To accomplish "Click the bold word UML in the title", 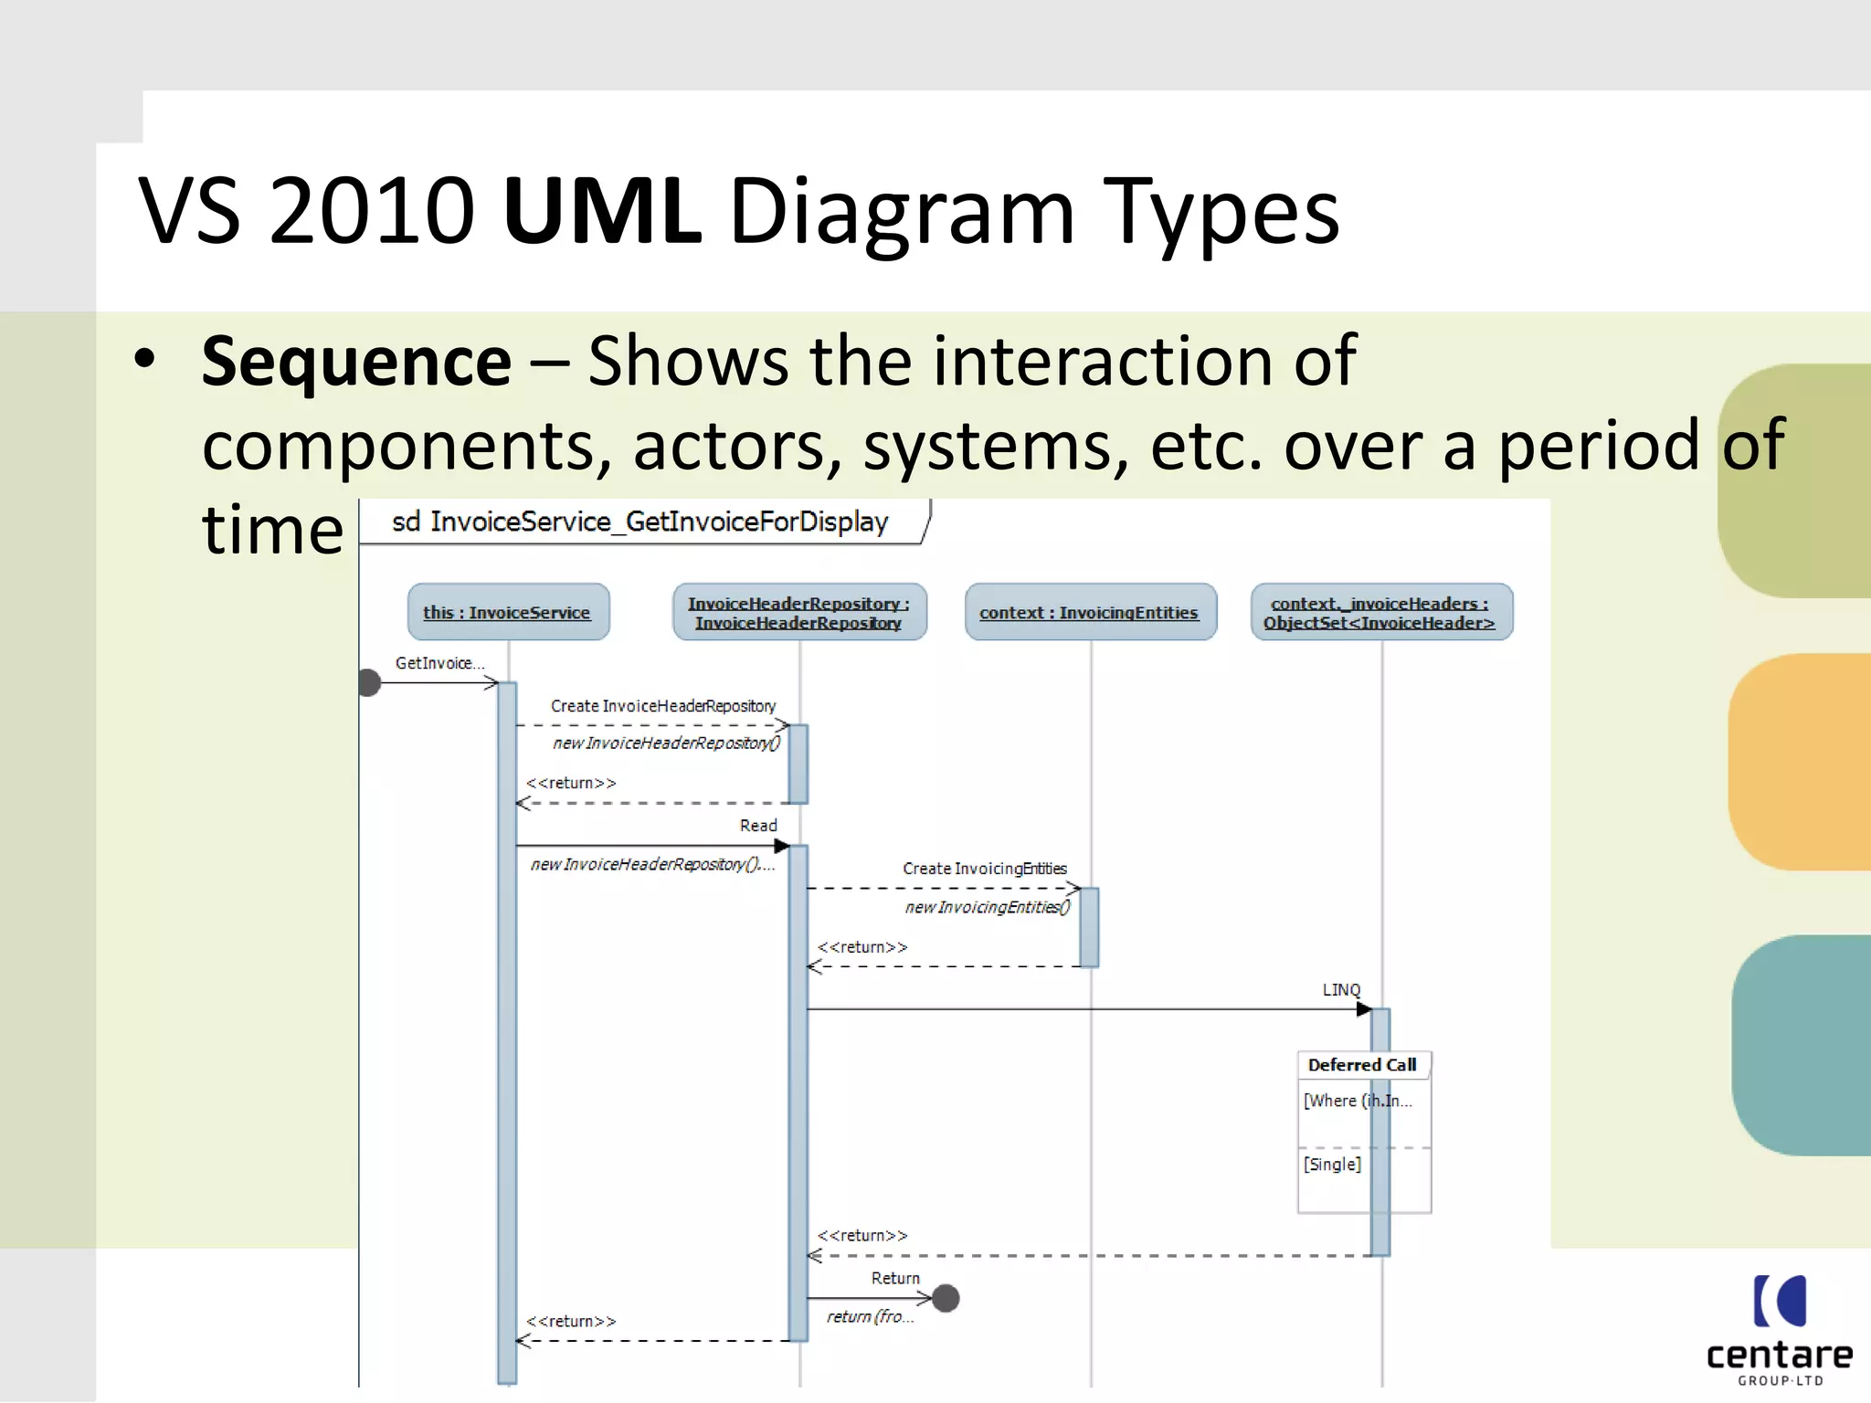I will [602, 212].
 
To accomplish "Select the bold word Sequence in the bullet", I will [356, 362].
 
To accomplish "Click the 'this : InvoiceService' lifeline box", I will [507, 612].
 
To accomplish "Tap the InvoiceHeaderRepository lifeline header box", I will [798, 612].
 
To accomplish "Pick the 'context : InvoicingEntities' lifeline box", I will [1089, 612].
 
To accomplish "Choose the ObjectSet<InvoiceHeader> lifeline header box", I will [1380, 612].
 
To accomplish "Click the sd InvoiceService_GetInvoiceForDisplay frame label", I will [640, 522].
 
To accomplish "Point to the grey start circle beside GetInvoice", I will [369, 682].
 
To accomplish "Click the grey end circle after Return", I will [946, 1298].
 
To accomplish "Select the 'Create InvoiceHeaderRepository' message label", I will [662, 706].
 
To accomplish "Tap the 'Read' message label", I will [758, 826].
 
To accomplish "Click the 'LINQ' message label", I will [1341, 990].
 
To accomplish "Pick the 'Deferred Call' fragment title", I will [1361, 1065].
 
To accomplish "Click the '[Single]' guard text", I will [1332, 1165].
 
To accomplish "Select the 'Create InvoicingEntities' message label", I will [984, 869].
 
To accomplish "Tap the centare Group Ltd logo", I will [1779, 1329].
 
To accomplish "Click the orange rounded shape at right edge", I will [1800, 761].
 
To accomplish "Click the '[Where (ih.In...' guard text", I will [1357, 1101].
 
